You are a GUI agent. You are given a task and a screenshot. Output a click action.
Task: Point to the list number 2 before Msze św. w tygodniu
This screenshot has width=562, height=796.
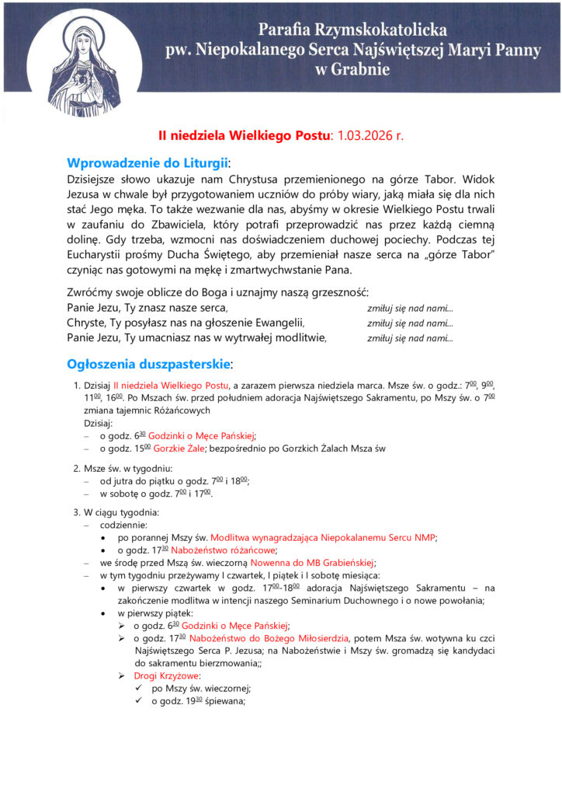pyautogui.click(x=76, y=468)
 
